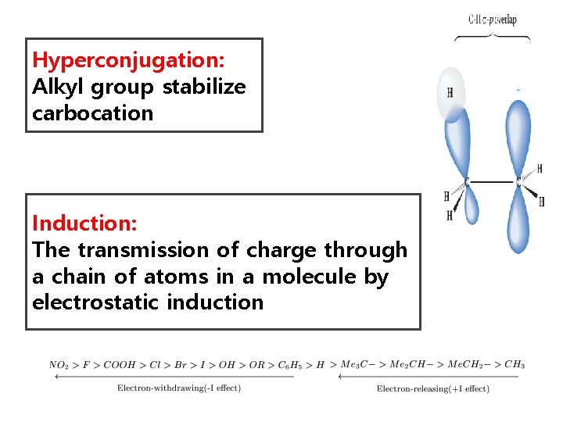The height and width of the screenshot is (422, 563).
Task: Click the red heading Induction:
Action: (x=84, y=224)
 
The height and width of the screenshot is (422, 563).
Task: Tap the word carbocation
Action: (x=92, y=113)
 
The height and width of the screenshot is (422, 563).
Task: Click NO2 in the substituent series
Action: (x=58, y=365)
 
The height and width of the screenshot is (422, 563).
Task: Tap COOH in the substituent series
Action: (x=120, y=365)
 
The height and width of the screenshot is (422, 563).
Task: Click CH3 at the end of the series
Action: (x=514, y=365)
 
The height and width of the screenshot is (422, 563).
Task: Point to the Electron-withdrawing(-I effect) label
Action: (x=178, y=388)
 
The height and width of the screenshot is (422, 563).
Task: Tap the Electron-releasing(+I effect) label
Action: (x=432, y=388)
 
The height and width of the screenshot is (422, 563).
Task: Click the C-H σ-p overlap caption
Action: (x=492, y=20)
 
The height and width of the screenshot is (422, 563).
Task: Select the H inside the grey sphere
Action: (x=450, y=95)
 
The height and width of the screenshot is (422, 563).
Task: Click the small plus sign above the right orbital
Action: (x=518, y=91)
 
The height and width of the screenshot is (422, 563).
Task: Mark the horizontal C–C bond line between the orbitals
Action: (x=493, y=183)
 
